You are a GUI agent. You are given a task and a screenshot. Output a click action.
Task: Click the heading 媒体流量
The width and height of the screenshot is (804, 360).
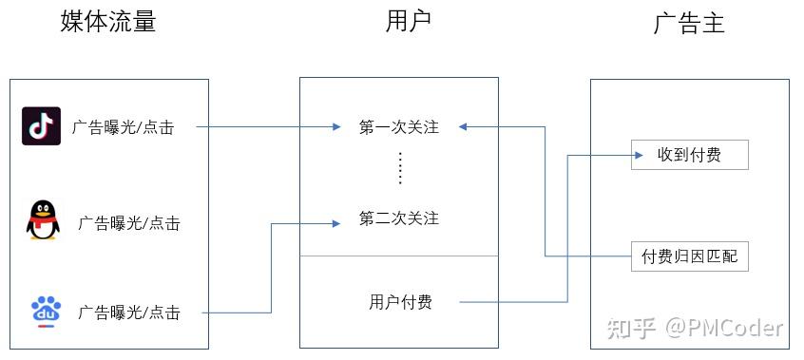tap(107, 22)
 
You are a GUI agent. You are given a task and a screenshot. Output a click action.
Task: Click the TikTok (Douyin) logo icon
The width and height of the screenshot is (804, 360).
tap(41, 126)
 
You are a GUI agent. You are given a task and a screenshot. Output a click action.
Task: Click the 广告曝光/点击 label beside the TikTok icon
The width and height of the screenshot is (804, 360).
tap(123, 127)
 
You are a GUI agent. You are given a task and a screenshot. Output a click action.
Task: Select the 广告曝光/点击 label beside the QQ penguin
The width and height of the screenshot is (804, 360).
tap(129, 223)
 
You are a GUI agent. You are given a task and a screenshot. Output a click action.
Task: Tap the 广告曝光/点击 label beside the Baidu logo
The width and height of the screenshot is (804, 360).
tap(129, 312)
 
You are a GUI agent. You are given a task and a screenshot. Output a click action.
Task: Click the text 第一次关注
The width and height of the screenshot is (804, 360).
tap(399, 127)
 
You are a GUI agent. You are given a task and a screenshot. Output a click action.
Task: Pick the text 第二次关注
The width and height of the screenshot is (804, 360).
tap(399, 218)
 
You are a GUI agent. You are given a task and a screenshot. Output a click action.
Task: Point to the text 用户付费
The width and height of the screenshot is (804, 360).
tap(400, 303)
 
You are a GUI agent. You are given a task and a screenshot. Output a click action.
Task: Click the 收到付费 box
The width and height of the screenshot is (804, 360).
tap(689, 155)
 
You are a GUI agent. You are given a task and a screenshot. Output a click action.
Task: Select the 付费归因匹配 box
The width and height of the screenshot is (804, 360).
tap(690, 256)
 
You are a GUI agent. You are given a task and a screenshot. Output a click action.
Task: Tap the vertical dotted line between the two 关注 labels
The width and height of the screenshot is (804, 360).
tap(400, 169)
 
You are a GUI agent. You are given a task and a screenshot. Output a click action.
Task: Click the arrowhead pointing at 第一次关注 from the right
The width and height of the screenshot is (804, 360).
tap(463, 126)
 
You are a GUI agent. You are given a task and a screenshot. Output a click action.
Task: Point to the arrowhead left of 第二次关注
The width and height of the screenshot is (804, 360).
tap(335, 223)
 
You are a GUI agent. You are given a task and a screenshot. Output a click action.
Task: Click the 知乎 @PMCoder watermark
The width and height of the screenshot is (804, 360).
tap(696, 329)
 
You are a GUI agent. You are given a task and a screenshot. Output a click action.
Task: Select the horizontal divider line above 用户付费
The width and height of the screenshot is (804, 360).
tap(399, 256)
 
